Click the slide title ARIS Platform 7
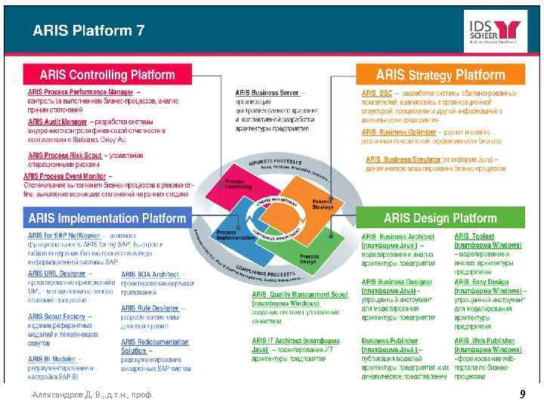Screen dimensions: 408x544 click(x=88, y=31)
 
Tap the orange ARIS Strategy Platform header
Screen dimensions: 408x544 click(x=440, y=75)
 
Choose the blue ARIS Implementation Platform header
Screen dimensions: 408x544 click(x=107, y=218)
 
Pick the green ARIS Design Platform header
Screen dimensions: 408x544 click(x=440, y=218)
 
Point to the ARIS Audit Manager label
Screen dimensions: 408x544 click(x=57, y=121)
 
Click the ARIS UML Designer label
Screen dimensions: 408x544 click(x=57, y=273)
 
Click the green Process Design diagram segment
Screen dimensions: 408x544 click(x=307, y=258)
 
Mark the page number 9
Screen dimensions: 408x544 click(x=521, y=394)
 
